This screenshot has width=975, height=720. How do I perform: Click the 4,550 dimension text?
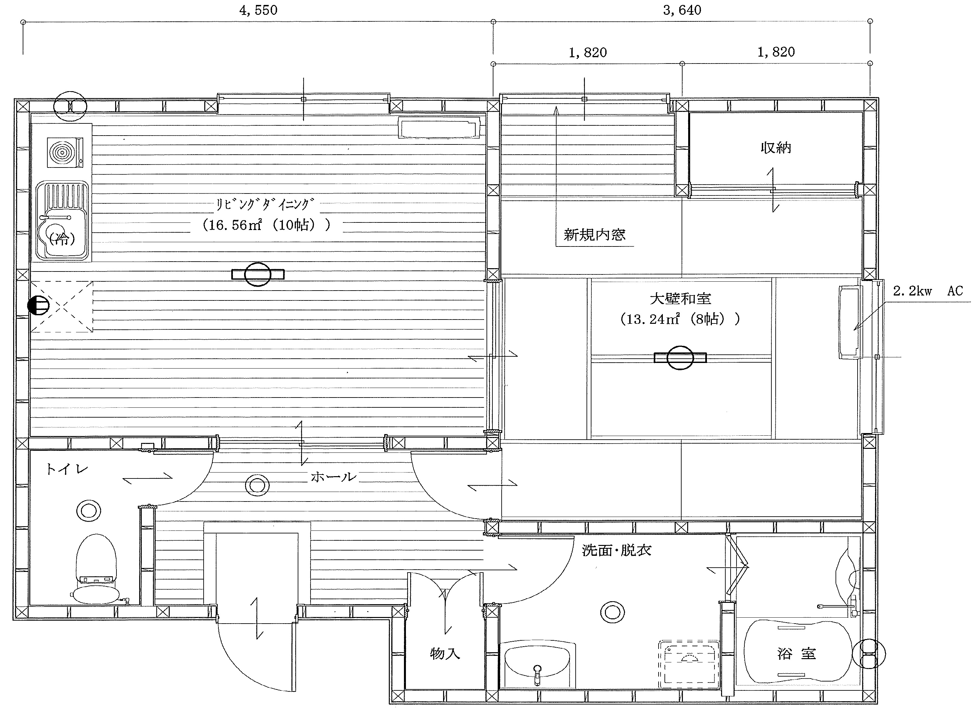click(x=258, y=10)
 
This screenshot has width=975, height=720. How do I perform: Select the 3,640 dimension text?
click(x=682, y=10)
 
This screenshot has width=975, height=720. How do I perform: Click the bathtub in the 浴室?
click(x=797, y=654)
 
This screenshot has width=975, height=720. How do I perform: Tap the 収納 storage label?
click(x=776, y=148)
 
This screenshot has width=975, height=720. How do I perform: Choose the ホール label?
click(x=333, y=477)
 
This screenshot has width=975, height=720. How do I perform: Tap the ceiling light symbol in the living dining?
click(x=258, y=274)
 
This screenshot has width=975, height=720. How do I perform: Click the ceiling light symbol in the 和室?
click(x=680, y=358)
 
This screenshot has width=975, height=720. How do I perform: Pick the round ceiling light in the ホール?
click(x=257, y=485)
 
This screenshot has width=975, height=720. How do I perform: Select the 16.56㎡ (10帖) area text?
click(x=267, y=225)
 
